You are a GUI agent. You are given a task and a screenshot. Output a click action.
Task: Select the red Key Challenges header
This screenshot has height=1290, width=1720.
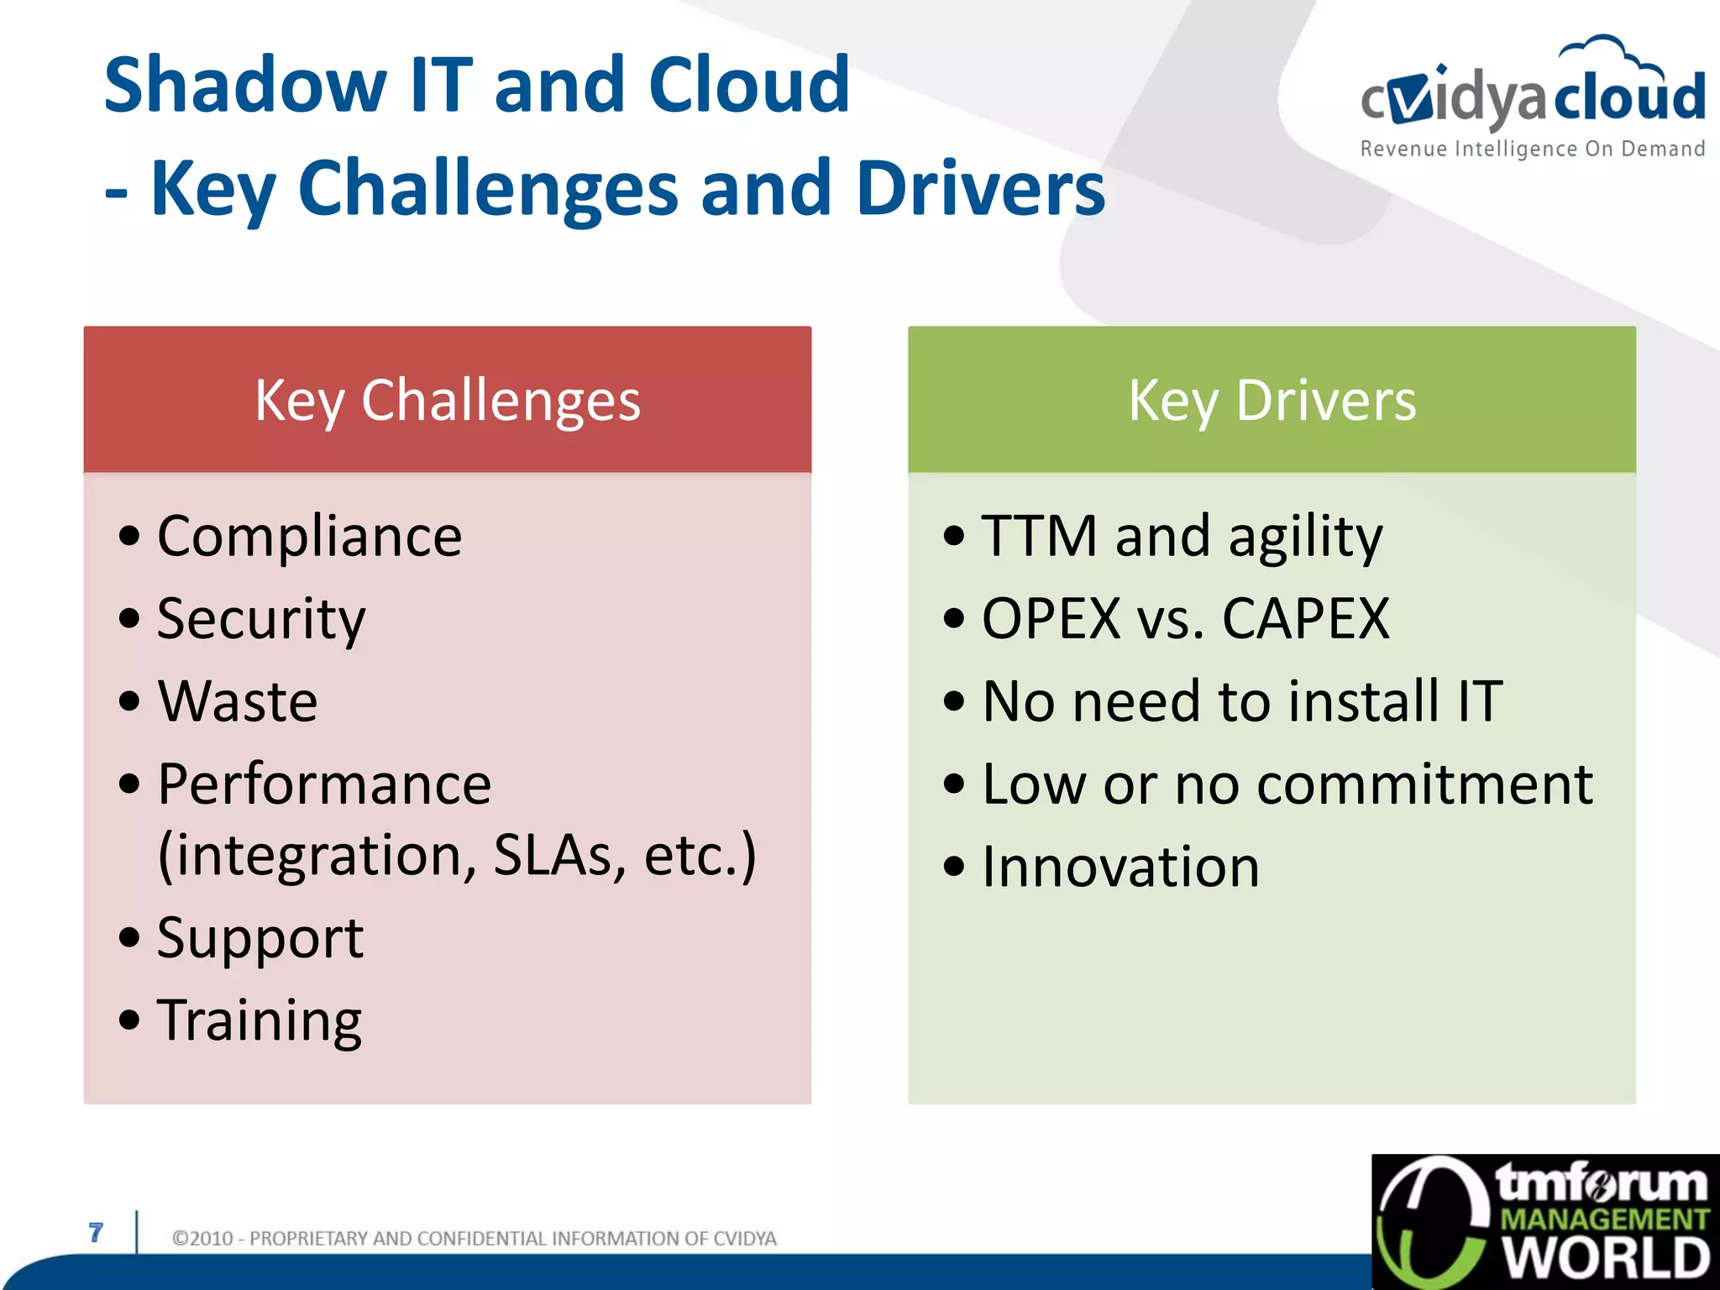coord(447,400)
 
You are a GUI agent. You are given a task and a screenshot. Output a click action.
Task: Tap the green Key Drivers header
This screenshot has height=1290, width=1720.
coord(1272,400)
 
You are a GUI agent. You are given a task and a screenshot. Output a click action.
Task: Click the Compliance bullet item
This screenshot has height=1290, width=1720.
coord(309,536)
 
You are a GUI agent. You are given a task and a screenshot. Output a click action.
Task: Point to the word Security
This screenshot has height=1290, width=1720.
coord(261,620)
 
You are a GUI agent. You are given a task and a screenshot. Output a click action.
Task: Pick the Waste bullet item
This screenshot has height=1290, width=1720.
coord(238,701)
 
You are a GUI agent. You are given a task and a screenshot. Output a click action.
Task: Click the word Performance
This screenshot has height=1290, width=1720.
coord(324,784)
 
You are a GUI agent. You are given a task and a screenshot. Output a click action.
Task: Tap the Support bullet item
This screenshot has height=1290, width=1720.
coord(260,938)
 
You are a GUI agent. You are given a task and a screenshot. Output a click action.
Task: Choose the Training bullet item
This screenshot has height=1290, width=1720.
coord(260,1021)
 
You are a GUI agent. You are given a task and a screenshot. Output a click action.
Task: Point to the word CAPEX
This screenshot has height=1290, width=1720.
coord(1305,620)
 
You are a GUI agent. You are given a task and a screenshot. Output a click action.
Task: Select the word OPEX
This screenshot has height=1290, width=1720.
coord(1051,620)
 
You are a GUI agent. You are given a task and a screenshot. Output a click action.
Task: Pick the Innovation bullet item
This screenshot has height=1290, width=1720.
coord(1120,867)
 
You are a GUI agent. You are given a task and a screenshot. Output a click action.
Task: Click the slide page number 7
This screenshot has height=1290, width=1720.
coord(96,1232)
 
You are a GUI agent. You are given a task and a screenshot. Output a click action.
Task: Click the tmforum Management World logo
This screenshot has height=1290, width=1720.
coord(1545,1222)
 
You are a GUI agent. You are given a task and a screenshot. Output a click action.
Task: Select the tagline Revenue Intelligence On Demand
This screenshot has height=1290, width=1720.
coord(1532,149)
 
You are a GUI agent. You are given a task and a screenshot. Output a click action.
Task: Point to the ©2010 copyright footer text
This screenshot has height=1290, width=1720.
coord(474,1239)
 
